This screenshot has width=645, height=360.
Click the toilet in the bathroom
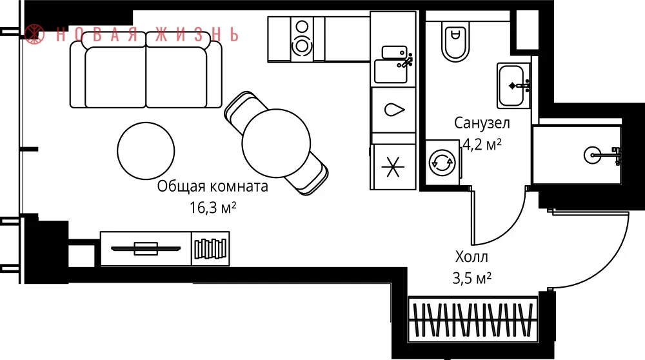point(455,40)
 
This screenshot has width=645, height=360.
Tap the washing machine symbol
point(442,162)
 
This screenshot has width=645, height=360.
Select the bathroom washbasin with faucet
point(513,86)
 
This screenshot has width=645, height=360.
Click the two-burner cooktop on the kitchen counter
point(302,39)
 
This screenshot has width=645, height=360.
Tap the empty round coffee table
point(146,150)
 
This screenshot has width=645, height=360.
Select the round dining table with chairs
point(276,143)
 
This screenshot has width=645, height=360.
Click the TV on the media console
point(146,248)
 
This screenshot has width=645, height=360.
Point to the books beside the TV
point(211,248)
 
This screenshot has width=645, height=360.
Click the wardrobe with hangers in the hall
point(473,320)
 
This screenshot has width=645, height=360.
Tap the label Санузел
point(482,123)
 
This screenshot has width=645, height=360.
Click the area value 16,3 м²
point(213,208)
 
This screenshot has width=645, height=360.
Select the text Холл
point(471,257)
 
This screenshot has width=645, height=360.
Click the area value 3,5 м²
point(472,279)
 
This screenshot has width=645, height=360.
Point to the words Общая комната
point(213,186)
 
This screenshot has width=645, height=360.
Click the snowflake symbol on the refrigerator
point(393,166)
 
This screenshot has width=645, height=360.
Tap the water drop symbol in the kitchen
point(394,110)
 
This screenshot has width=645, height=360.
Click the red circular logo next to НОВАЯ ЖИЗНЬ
point(34,34)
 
